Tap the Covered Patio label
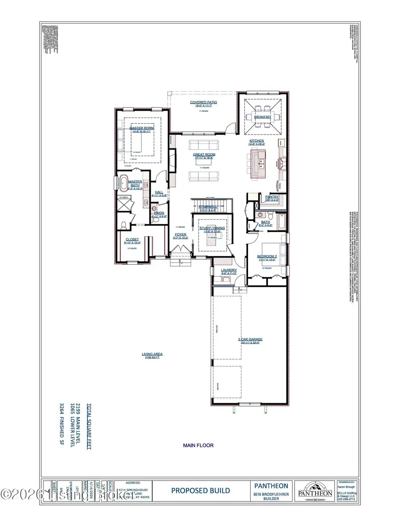click(204, 102)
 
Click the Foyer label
click(180, 234)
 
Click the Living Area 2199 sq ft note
click(152, 355)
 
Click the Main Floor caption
click(198, 445)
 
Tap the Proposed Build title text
click(200, 491)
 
